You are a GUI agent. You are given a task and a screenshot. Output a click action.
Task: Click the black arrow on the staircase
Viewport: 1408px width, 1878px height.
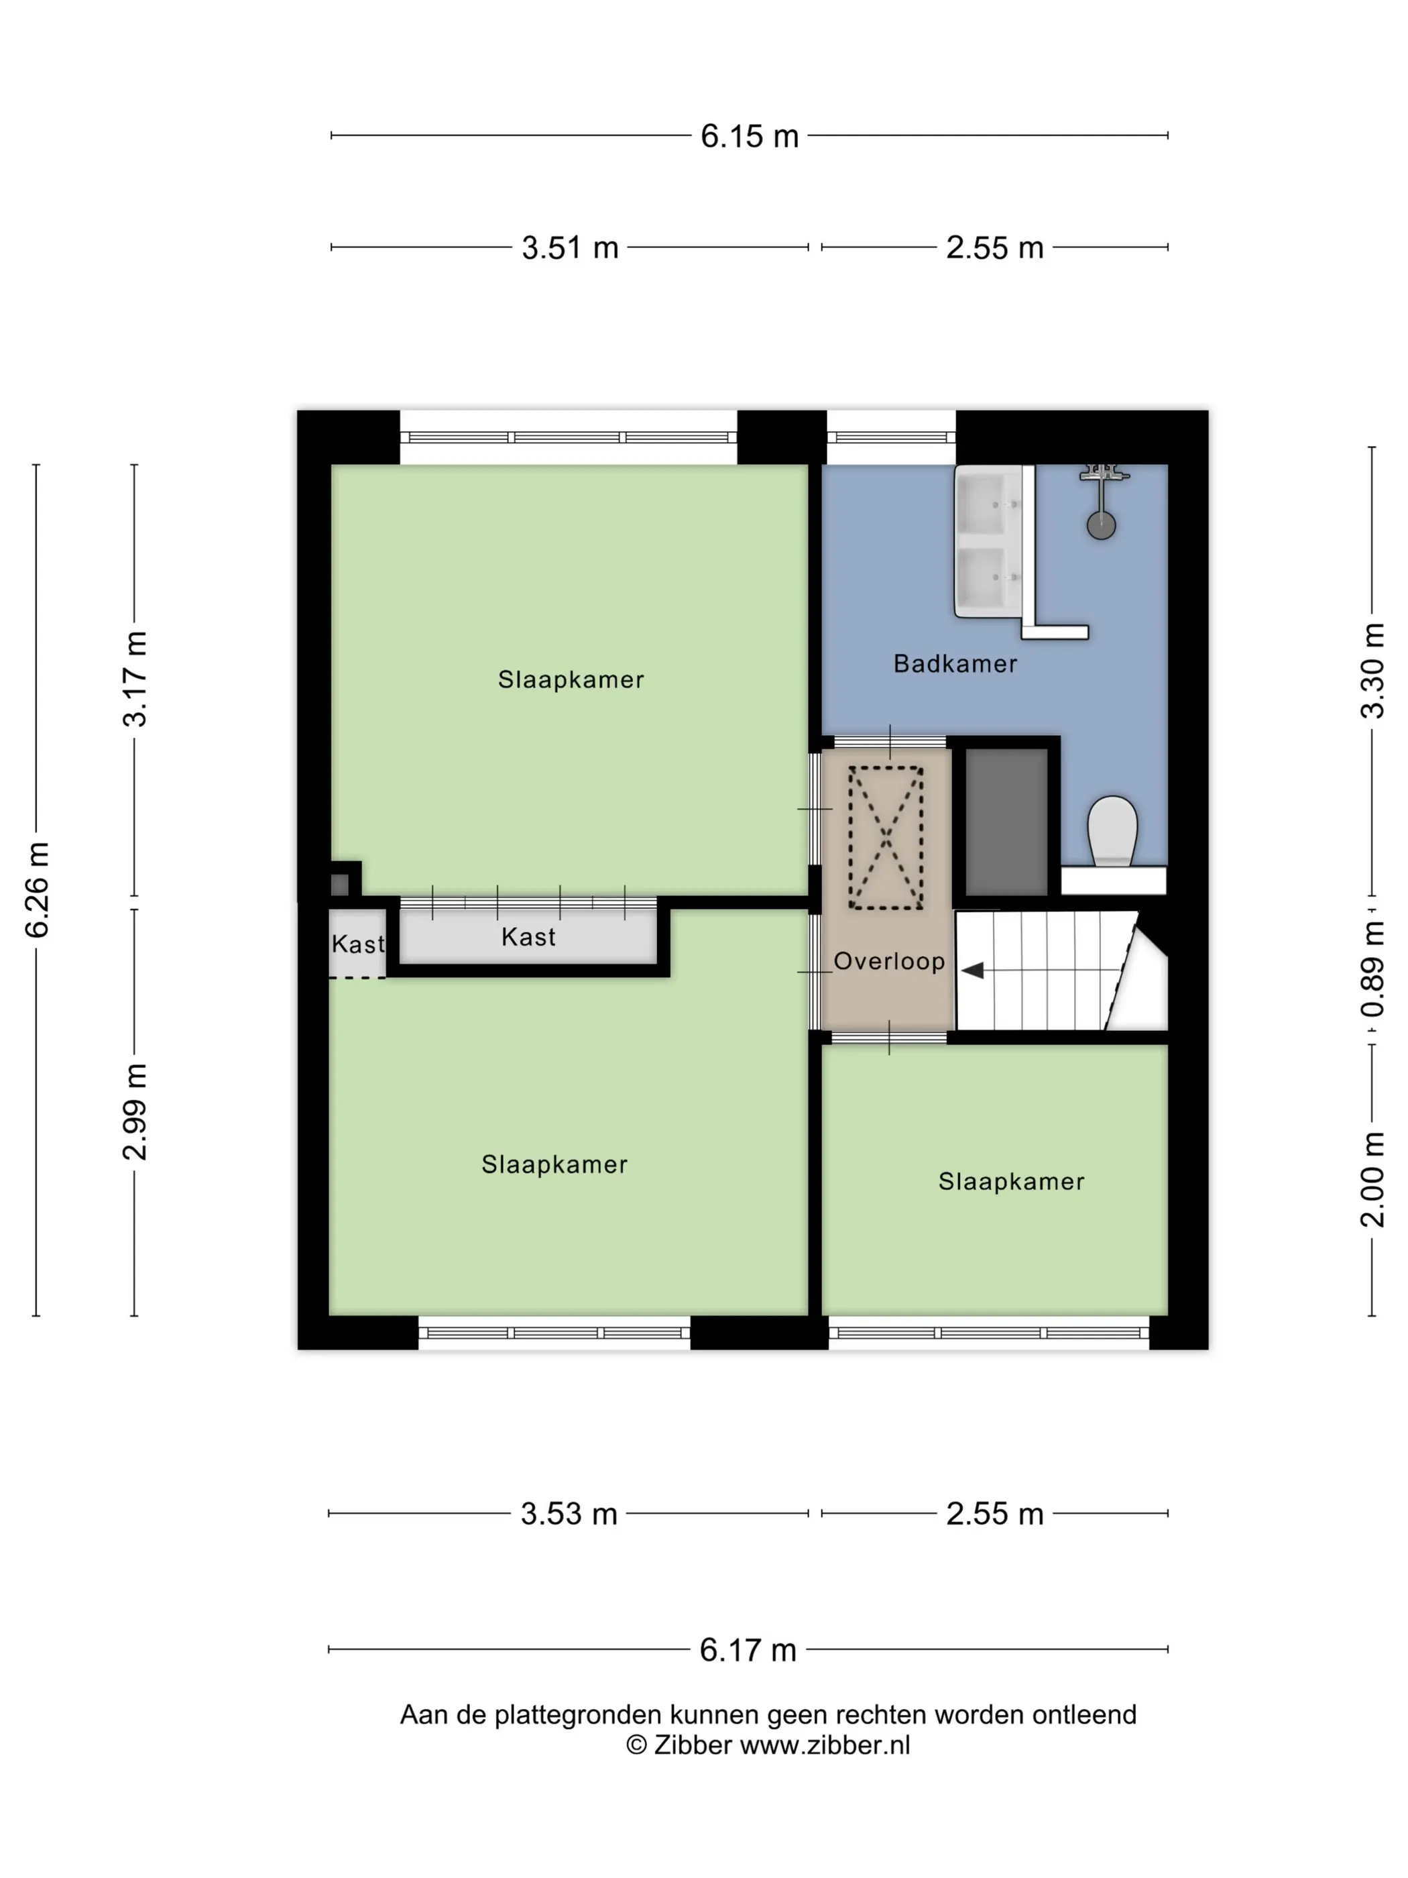973,970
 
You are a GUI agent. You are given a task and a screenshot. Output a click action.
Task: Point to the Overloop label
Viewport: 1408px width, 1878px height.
888,961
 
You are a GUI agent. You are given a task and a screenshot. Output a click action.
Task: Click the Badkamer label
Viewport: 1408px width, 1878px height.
955,663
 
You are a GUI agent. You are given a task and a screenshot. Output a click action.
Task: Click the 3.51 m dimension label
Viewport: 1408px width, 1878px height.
569,248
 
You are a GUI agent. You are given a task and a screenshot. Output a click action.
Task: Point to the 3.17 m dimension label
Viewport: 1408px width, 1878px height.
135,679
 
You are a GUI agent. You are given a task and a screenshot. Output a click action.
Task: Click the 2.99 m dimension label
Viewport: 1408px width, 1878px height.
135,1111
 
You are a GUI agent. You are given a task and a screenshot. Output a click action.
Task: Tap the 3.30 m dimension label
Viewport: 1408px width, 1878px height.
1372,671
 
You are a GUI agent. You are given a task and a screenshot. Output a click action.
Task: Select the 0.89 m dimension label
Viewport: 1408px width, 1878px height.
1372,969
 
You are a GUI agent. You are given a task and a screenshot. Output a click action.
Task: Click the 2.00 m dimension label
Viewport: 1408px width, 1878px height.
1372,1180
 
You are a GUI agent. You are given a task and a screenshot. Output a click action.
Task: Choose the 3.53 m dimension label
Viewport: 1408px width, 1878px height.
569,1514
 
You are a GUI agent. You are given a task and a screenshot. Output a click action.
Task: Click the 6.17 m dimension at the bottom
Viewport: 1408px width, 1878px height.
748,1649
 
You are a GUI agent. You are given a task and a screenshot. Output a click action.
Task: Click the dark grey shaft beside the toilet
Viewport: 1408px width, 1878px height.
1006,821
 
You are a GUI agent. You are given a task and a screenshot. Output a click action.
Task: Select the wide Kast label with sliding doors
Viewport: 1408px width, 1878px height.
528,936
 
